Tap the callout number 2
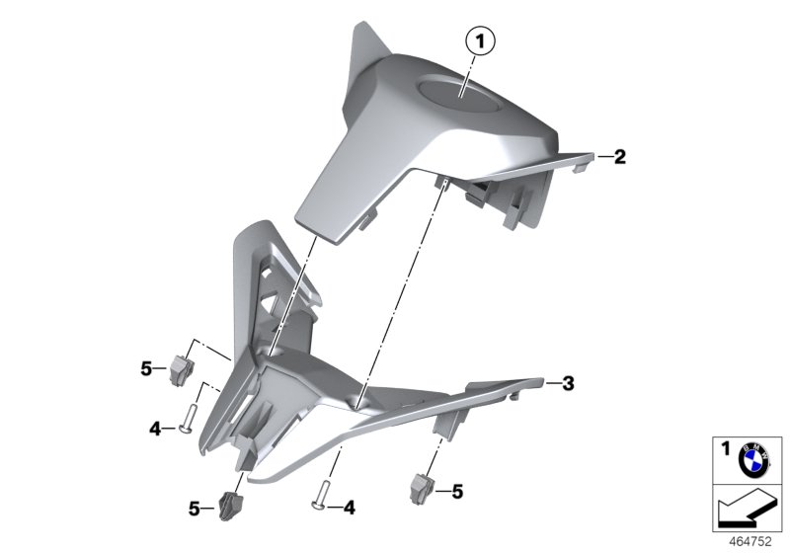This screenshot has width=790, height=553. click(x=619, y=156)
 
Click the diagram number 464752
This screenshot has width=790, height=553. click(x=751, y=541)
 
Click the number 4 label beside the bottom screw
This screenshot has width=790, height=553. click(x=350, y=509)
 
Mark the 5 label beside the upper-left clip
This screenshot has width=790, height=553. click(x=147, y=369)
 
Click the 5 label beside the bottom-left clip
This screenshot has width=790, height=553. click(x=195, y=509)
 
